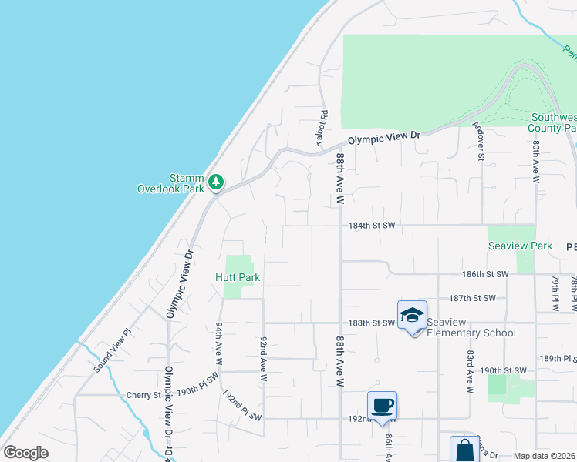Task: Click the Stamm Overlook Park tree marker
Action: point(218,182)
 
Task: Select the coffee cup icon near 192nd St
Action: point(383,404)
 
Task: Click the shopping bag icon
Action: point(465,450)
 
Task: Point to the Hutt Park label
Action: point(238,277)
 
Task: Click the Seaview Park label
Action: point(509,246)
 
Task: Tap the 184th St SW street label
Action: point(372,226)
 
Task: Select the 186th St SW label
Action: point(486,274)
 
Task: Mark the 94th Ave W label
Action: point(219,343)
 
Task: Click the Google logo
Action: point(25,453)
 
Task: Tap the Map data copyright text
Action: point(545,456)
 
